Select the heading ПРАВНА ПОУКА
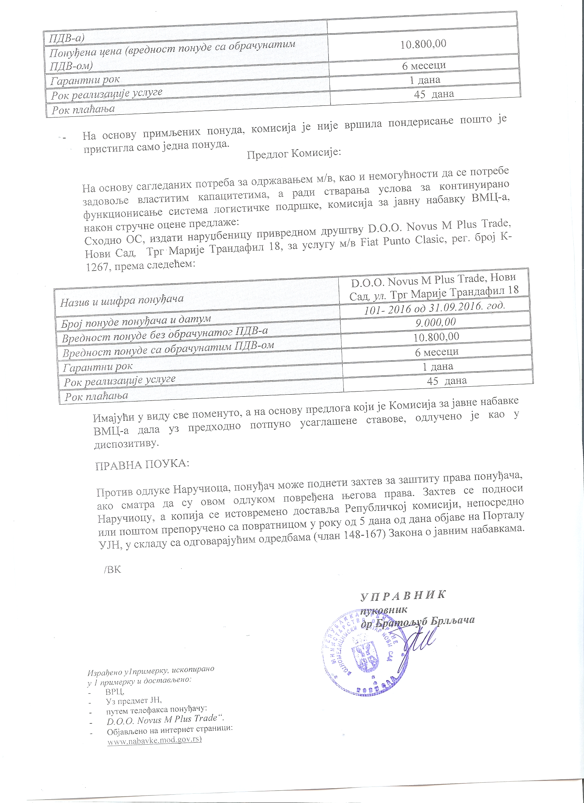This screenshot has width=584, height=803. coord(142,464)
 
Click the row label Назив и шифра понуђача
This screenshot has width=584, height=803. coord(122,301)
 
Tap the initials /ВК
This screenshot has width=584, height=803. coord(113,570)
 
